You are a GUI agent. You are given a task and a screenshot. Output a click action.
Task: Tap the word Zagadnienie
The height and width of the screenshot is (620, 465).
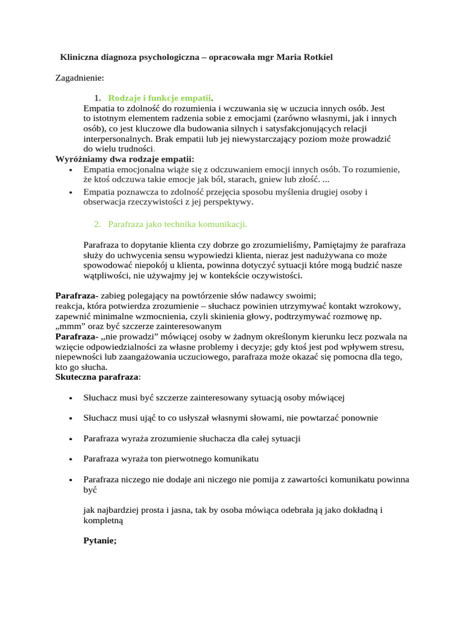click(79, 77)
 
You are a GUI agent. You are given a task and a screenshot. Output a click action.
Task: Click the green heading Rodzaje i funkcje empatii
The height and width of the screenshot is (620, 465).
click(160, 98)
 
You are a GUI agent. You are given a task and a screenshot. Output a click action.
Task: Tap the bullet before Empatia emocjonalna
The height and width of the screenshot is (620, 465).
click(71, 170)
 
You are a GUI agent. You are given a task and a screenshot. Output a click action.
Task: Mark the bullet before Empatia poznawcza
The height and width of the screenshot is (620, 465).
click(71, 193)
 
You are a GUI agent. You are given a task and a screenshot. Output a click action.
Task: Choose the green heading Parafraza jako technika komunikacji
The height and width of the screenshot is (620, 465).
click(177, 224)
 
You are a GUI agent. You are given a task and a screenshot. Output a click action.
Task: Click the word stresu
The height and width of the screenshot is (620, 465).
click(389, 347)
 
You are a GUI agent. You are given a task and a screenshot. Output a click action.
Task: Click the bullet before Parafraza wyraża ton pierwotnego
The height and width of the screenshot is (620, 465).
click(71, 459)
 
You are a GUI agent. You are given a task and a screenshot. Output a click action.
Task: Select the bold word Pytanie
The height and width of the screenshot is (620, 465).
click(99, 541)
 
